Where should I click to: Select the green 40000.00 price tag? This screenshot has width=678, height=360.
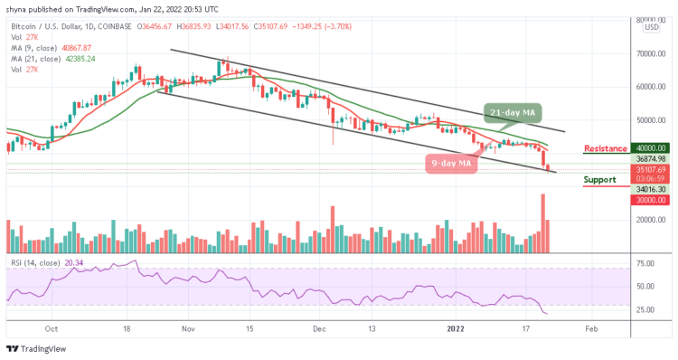pos(650,148)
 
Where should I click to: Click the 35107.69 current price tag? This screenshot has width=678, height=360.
pos(650,169)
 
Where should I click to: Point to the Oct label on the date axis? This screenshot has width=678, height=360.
pos(52,330)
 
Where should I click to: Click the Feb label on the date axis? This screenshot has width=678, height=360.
pos(589,330)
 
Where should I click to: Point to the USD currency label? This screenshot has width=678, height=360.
pos(650,28)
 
